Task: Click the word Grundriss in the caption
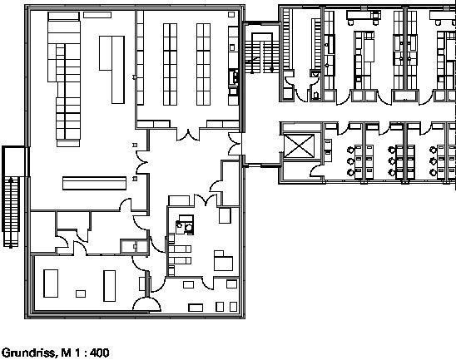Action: pos(28,353)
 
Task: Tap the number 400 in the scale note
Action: pos(100,353)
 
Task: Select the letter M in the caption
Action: pos(66,353)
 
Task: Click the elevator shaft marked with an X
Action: pos(299,146)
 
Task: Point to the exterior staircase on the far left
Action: pos(11,211)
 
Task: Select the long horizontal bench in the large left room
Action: pos(95,183)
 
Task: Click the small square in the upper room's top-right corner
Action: pos(231,14)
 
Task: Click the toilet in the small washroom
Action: pos(316,95)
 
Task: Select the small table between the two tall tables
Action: pos(81,293)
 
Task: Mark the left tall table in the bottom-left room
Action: pos(51,284)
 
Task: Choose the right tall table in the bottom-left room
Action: pos(109,286)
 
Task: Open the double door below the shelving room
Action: pos(188,136)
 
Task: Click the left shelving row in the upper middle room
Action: pos(170,64)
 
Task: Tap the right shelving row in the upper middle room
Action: pos(203,64)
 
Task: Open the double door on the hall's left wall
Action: pos(142,162)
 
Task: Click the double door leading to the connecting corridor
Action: pos(235,144)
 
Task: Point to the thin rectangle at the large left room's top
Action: pos(97,15)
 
